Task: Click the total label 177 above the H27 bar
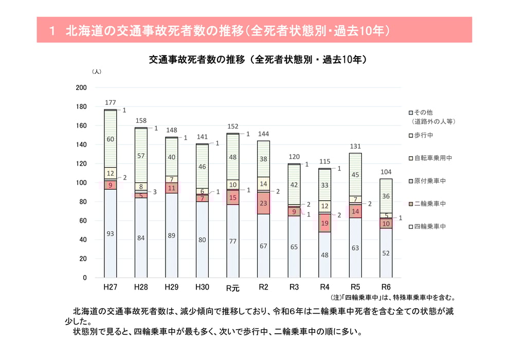(110, 102)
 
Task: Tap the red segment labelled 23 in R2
(263, 203)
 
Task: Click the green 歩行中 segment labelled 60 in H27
(110, 139)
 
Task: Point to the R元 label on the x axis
(232, 288)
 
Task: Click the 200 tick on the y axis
(81, 88)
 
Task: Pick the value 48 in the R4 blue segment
(324, 255)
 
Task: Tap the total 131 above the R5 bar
(355, 147)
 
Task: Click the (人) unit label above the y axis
(96, 72)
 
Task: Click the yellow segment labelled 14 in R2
(263, 184)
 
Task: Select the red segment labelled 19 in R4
(324, 223)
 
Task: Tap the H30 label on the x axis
(202, 287)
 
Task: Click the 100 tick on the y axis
(81, 183)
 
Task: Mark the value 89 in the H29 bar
(171, 236)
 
